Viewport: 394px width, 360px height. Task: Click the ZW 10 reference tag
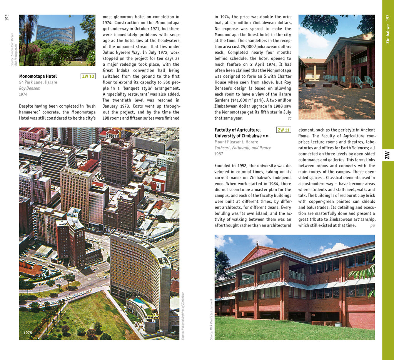(x=88, y=76)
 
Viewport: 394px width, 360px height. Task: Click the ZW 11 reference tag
(x=284, y=130)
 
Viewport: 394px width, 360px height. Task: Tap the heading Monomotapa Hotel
(x=38, y=76)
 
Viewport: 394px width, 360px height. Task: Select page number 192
(x=7, y=18)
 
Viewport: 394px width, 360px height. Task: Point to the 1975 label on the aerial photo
(x=28, y=333)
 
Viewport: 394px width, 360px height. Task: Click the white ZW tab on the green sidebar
(x=387, y=155)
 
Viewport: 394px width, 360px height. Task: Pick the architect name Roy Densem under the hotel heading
(x=30, y=88)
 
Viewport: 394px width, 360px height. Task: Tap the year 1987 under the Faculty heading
(x=219, y=154)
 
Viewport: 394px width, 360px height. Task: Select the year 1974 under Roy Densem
(x=23, y=94)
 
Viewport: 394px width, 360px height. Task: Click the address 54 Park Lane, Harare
(x=38, y=82)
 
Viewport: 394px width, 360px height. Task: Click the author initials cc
(x=289, y=118)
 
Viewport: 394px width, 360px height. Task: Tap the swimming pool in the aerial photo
(x=139, y=302)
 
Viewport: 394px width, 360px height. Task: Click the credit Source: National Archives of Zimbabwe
(x=183, y=315)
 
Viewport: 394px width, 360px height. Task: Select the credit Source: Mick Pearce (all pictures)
(x=211, y=319)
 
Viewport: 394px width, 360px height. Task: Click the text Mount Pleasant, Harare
(x=236, y=142)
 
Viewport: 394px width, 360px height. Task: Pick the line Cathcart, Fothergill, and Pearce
(x=243, y=148)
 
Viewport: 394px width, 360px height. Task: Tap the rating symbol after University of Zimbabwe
(x=265, y=136)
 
